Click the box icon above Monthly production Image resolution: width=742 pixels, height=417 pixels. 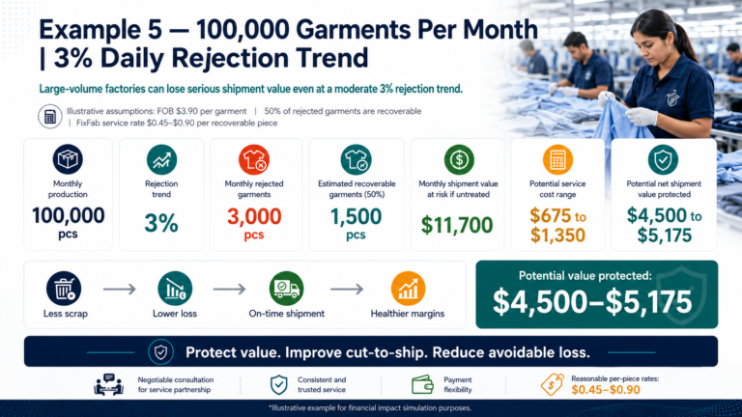pyautogui.click(x=68, y=159)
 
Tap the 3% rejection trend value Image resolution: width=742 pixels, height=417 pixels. pyautogui.click(x=161, y=223)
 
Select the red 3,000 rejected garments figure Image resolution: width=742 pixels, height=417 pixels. pyautogui.click(x=254, y=216)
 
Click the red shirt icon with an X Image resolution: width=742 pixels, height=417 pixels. pyautogui.click(x=254, y=160)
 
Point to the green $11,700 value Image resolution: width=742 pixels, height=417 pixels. pyautogui.click(x=457, y=225)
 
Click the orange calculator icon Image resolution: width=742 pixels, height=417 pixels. pyautogui.click(x=557, y=160)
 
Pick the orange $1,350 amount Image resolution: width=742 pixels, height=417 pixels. pyautogui.click(x=557, y=235)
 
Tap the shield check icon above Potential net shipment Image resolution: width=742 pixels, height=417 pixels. pyautogui.click(x=663, y=160)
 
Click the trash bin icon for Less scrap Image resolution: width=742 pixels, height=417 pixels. pyautogui.click(x=64, y=289)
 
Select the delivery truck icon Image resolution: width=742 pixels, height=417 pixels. pyautogui.click(x=286, y=289)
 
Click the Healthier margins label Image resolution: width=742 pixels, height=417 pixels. pyautogui.click(x=408, y=314)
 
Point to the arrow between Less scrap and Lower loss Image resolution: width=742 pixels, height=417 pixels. pyautogui.click(x=119, y=289)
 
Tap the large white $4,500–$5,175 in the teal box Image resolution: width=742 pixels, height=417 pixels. pyautogui.click(x=592, y=302)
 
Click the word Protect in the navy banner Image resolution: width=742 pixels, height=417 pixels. pyautogui.click(x=209, y=352)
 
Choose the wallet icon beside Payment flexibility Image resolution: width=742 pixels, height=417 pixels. pyautogui.click(x=422, y=384)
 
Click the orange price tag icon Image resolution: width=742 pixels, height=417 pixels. pyautogui.click(x=553, y=384)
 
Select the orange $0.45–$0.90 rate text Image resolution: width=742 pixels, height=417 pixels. pyautogui.click(x=606, y=390)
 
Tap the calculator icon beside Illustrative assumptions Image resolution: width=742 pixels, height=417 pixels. pyautogui.click(x=50, y=116)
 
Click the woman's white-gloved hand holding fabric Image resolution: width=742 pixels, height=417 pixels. pyautogui.click(x=642, y=116)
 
